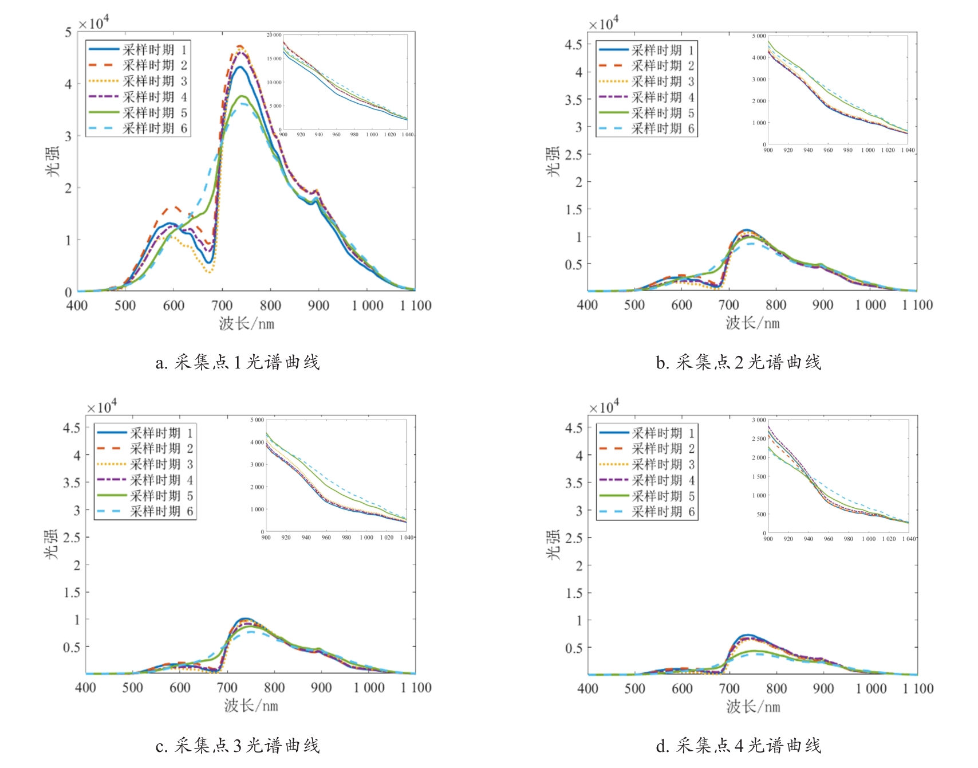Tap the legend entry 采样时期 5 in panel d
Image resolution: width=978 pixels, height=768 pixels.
click(x=662, y=496)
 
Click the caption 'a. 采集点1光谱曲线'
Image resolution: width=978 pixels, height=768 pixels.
click(x=238, y=362)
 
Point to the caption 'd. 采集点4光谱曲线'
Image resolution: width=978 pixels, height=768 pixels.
click(x=739, y=746)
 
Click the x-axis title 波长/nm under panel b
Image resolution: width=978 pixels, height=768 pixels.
click(x=752, y=323)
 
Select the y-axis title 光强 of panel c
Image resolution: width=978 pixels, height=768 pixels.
click(x=52, y=544)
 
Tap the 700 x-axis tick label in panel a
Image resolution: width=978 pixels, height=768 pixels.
click(x=222, y=305)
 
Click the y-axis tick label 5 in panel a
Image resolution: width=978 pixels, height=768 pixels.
click(x=68, y=33)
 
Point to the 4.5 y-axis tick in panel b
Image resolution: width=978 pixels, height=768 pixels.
click(x=573, y=45)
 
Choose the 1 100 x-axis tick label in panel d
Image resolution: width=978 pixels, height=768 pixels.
click(x=918, y=688)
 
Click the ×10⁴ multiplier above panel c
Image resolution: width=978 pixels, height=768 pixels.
click(x=101, y=407)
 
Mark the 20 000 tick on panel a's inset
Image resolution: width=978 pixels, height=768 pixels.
click(x=274, y=35)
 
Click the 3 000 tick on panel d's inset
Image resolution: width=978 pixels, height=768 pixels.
click(x=759, y=420)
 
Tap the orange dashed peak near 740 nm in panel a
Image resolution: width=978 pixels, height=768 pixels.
click(x=240, y=46)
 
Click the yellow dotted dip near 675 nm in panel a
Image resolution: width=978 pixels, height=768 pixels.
click(x=210, y=271)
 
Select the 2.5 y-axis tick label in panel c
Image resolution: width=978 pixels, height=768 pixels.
click(x=72, y=537)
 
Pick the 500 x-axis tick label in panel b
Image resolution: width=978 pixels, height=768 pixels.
click(x=634, y=305)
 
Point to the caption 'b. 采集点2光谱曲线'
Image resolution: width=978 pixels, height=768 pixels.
click(x=739, y=362)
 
